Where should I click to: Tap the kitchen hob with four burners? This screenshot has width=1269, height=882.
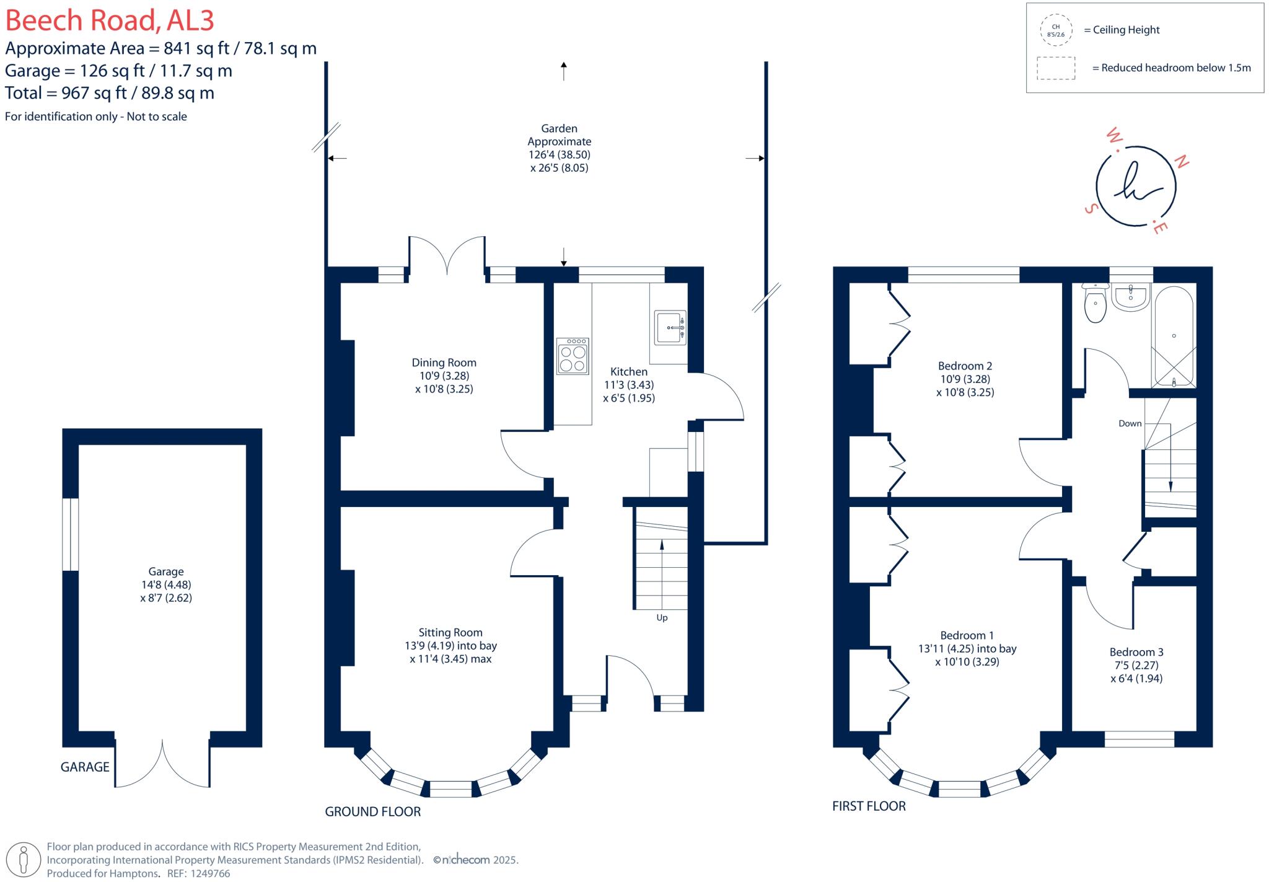573,356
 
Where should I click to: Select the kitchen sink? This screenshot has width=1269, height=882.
670,327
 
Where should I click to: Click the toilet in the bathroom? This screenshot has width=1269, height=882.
1096,304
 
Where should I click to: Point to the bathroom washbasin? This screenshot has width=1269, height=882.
1131,297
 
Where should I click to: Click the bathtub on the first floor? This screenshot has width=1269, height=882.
1174,337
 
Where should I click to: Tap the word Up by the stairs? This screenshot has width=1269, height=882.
662,618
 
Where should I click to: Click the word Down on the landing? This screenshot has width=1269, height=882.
1130,423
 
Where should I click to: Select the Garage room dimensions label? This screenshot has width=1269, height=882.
165,584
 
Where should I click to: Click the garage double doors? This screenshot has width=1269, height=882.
162,762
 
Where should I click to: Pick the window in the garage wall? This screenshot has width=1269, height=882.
71,534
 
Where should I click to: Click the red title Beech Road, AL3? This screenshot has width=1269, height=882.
110,20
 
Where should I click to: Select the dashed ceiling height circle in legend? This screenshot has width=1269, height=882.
1056,30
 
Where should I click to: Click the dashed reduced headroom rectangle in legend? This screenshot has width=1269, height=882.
1056,68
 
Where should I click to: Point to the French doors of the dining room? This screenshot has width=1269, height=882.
446,255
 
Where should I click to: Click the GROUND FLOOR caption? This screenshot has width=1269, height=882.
372,811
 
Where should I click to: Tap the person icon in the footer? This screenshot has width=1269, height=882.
24,860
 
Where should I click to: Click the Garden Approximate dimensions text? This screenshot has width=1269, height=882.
559,148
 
